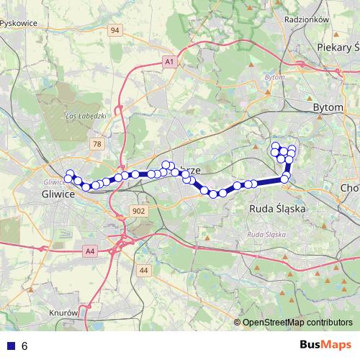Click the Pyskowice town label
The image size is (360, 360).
click(x=19, y=22)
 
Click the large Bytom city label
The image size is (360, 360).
click(x=330, y=107)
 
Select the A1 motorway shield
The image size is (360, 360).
click(x=169, y=63)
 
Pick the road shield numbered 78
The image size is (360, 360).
click(x=97, y=145)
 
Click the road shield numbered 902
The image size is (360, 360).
click(x=139, y=211)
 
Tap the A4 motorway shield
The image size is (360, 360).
click(x=89, y=251)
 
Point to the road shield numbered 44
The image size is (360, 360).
click(x=144, y=271)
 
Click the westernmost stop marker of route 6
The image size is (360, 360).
click(x=69, y=177)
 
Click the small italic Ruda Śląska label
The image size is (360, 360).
click(x=266, y=235)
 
